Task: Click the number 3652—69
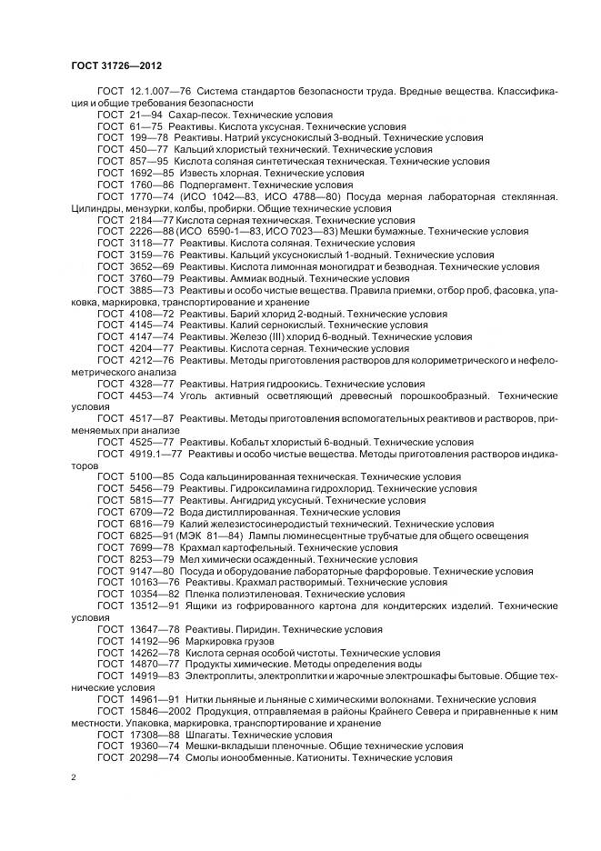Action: (x=150, y=267)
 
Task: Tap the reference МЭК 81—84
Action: (x=216, y=536)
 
